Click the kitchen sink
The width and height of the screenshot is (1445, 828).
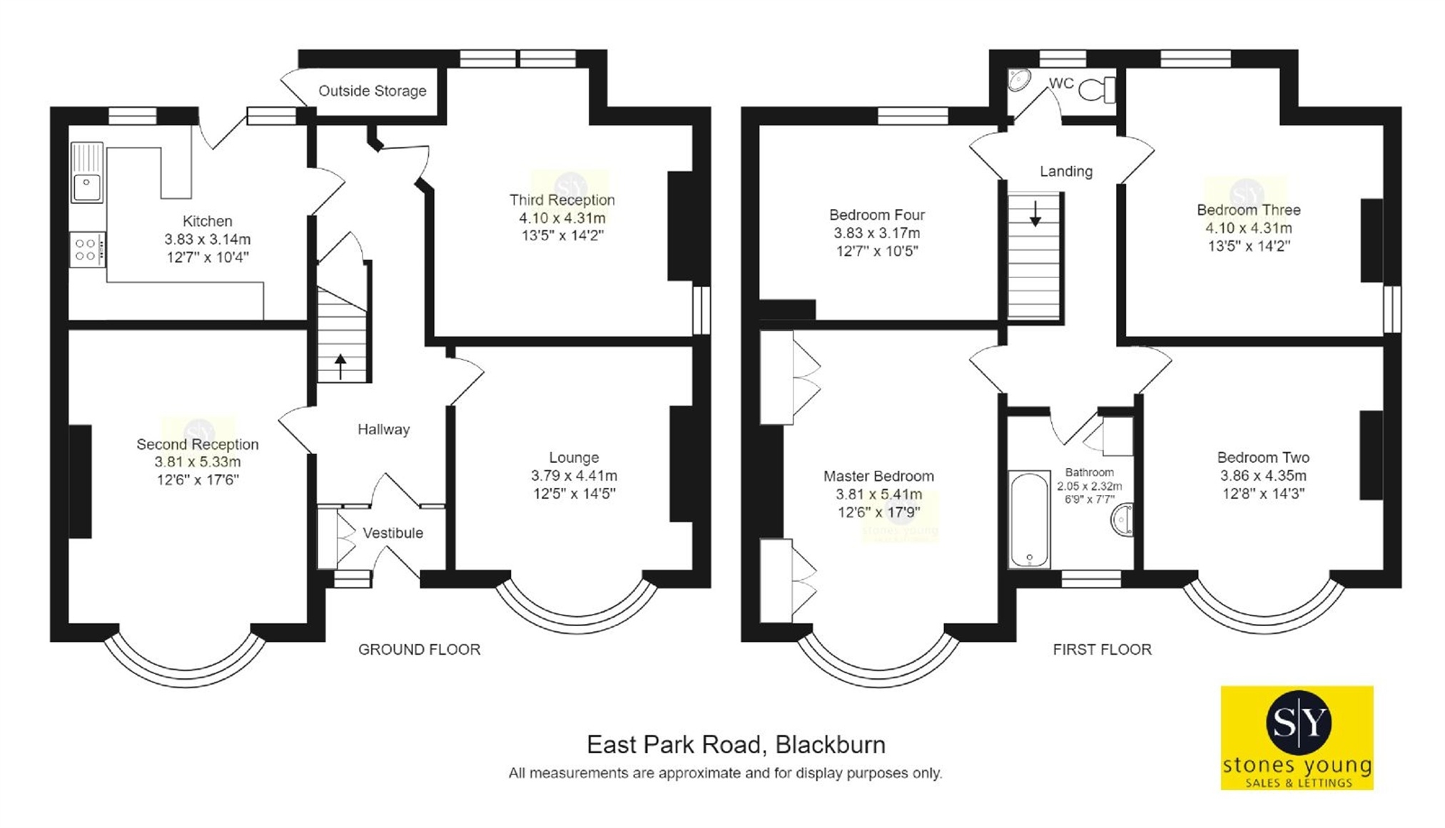[x=87, y=173]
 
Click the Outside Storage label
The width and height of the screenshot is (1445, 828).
[x=372, y=91]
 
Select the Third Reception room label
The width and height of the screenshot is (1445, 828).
[x=562, y=200]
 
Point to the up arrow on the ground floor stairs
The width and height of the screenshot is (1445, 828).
[x=340, y=367]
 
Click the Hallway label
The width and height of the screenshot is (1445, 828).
[x=384, y=429]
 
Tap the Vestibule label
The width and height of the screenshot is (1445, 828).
[x=393, y=533]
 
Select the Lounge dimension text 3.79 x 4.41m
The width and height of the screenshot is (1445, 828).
[x=574, y=476]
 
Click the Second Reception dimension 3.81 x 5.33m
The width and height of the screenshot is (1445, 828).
[x=198, y=462]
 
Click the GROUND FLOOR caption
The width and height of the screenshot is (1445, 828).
[x=420, y=650]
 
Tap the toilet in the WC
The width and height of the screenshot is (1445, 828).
[x=1097, y=90]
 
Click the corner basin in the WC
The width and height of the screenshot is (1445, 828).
[x=1018, y=80]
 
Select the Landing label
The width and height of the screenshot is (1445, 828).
[x=1066, y=171]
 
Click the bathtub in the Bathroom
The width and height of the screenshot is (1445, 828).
[x=1029, y=518]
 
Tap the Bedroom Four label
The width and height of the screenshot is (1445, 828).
[x=877, y=215]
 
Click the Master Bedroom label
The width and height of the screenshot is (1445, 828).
[x=878, y=476]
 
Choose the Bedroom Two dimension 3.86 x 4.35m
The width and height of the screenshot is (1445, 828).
[x=1263, y=476]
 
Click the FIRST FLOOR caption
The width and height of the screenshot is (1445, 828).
[x=1102, y=650]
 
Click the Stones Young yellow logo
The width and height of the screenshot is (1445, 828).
[x=1297, y=738]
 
